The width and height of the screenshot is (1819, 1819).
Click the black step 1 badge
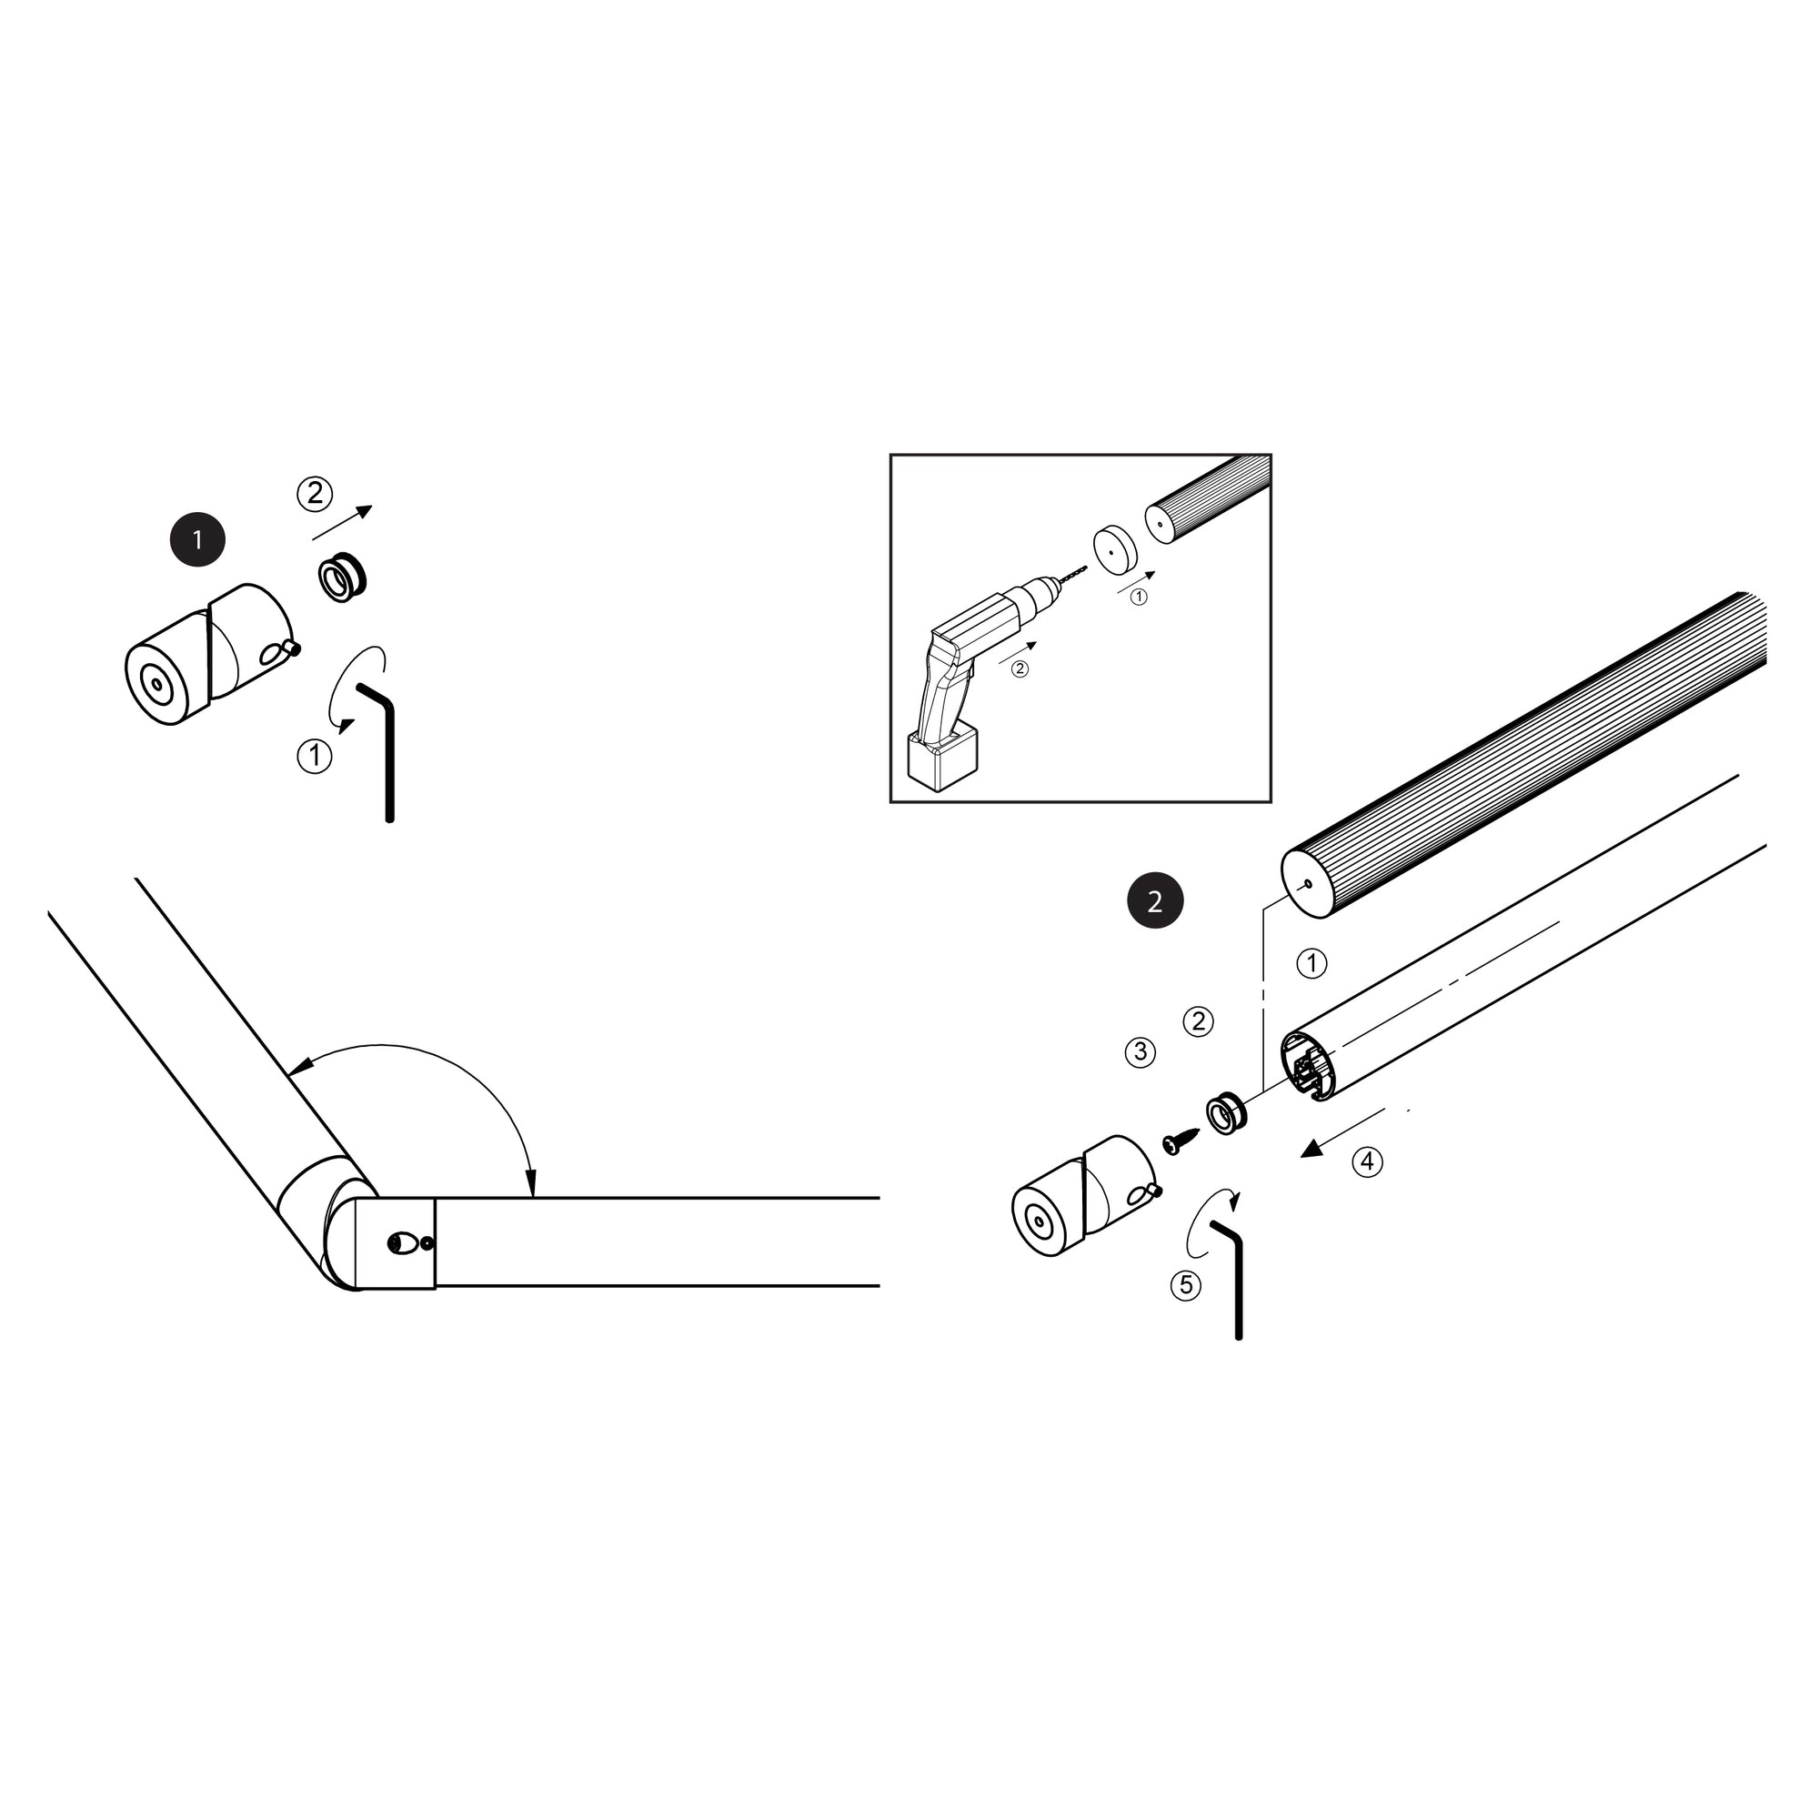(197, 539)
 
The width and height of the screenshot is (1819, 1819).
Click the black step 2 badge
(1155, 902)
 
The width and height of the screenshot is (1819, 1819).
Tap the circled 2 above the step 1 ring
(315, 493)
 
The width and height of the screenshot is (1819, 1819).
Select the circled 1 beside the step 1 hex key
(315, 756)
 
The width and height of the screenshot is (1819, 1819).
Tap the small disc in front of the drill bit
(1115, 550)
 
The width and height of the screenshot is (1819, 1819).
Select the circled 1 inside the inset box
(1140, 597)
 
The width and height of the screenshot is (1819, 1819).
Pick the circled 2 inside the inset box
(1020, 668)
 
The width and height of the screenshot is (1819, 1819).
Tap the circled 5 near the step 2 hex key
(1185, 1285)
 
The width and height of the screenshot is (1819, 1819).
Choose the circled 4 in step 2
(1367, 1161)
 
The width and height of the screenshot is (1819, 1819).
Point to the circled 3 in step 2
(1141, 1051)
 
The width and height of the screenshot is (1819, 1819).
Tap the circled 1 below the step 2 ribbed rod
(1311, 963)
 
